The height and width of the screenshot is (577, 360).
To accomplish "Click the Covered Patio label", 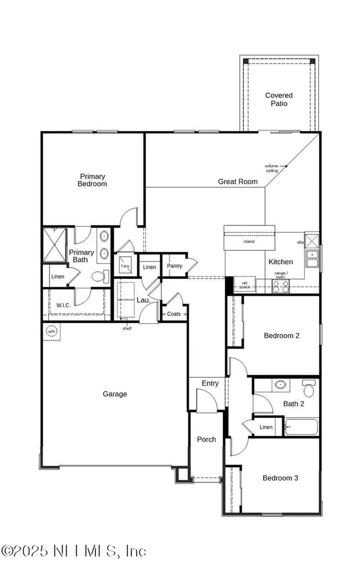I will [x=279, y=100].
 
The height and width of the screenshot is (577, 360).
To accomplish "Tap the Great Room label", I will [x=238, y=181].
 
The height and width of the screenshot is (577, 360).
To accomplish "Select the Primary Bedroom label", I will [x=92, y=180].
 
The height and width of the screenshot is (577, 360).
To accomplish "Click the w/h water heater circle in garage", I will [x=52, y=331].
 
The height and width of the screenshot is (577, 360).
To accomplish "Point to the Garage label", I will [x=114, y=394].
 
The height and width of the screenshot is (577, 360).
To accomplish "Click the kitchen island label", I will [x=248, y=242].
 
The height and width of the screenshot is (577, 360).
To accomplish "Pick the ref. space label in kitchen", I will [x=244, y=285].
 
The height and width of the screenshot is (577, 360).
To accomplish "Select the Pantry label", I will [x=175, y=266].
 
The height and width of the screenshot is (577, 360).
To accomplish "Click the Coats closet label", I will [x=174, y=314].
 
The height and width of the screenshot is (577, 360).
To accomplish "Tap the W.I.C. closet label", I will [x=63, y=305].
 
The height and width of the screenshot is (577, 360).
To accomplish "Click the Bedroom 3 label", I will [x=280, y=478].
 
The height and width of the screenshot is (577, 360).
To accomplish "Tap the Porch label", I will [x=206, y=440].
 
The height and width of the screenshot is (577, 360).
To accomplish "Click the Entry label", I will [x=210, y=383].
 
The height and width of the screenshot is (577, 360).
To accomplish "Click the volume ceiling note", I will [x=272, y=167].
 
